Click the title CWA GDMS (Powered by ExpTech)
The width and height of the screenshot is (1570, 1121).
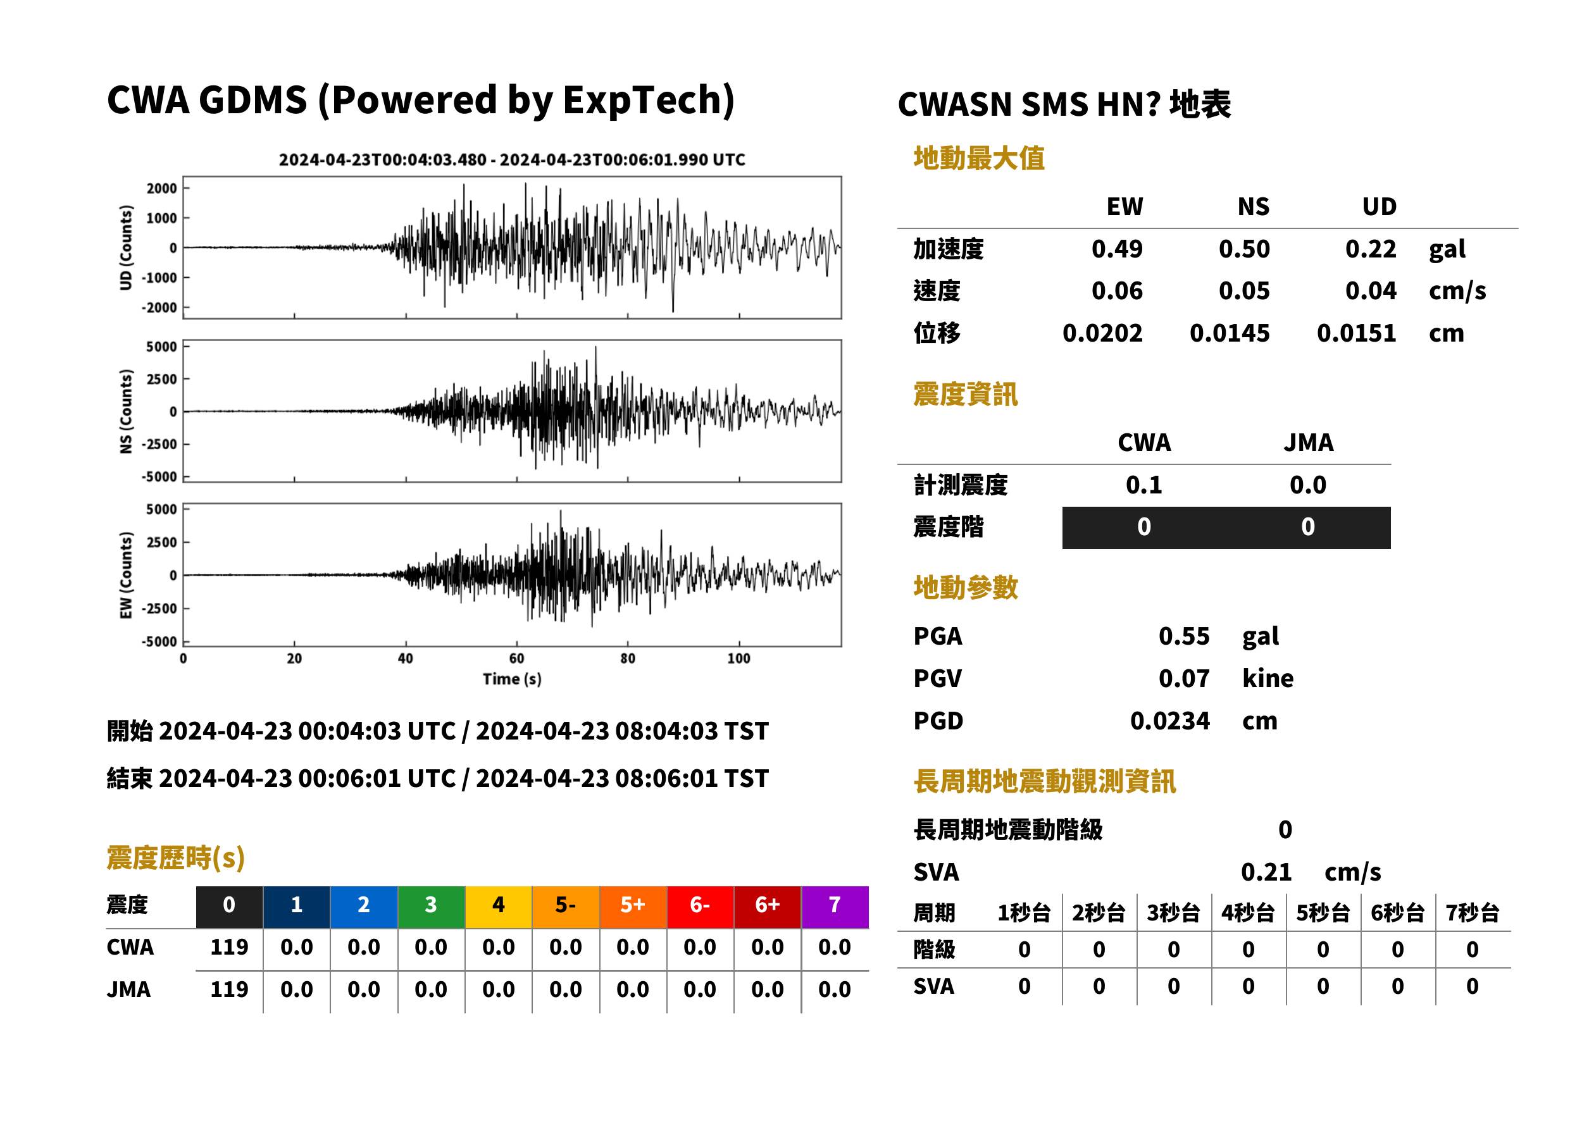[x=420, y=101]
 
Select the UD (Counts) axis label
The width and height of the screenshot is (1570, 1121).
[x=126, y=247]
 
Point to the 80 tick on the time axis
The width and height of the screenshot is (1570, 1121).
[x=627, y=658]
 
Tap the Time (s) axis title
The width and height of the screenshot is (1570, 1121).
[x=511, y=679]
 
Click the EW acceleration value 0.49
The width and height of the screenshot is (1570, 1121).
[x=1116, y=249]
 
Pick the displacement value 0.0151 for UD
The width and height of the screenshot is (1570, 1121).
[x=1356, y=333]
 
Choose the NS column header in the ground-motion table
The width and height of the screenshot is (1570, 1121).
[x=1253, y=206]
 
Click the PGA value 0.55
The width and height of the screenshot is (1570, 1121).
[x=1183, y=636]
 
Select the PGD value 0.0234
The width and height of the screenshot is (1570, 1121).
[x=1169, y=721]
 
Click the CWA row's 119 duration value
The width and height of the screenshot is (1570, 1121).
[x=229, y=947]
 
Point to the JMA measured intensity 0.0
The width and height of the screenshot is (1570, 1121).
[x=1307, y=485]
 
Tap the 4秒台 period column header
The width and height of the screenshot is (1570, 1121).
[x=1247, y=912]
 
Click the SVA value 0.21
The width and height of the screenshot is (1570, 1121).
[x=1266, y=872]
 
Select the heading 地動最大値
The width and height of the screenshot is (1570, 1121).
[x=978, y=158]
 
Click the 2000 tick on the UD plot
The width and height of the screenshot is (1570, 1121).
[x=161, y=189]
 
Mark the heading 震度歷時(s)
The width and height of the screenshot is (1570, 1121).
[x=175, y=858]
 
